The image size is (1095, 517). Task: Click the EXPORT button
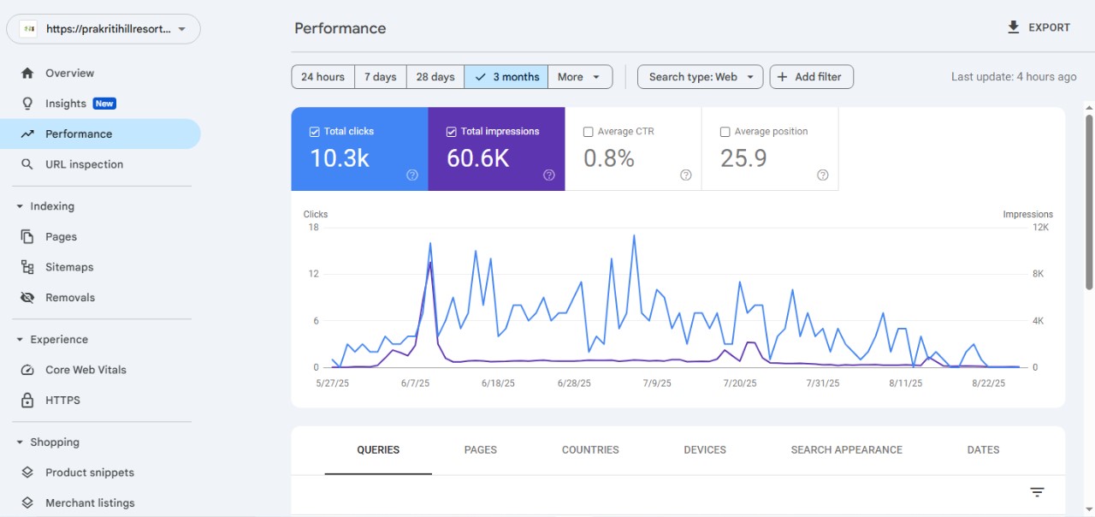(1039, 27)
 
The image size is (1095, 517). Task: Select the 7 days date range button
(380, 77)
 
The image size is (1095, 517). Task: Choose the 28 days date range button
(435, 77)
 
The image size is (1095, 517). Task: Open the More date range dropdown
(580, 77)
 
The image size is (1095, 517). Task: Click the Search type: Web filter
(700, 77)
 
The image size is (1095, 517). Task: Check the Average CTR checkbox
(589, 132)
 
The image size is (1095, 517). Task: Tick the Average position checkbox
(725, 132)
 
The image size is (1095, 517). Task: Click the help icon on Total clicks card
(412, 175)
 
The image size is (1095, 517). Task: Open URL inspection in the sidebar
(84, 164)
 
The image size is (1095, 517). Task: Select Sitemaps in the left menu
(69, 267)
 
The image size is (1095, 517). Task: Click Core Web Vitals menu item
(86, 370)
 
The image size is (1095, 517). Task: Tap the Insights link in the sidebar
(66, 104)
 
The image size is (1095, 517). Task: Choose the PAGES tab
(481, 449)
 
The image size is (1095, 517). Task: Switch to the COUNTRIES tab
(590, 449)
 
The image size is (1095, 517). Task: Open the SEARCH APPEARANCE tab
(846, 449)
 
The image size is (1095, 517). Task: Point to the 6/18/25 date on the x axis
(498, 383)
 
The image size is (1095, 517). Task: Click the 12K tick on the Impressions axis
(1040, 228)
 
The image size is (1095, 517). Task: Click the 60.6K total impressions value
(478, 158)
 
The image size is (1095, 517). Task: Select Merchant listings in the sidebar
(90, 503)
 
